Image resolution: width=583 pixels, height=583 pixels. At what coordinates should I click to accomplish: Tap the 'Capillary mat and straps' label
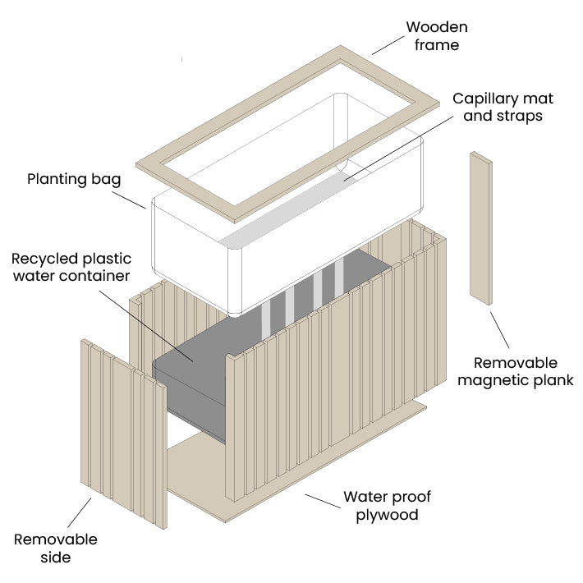click(503, 107)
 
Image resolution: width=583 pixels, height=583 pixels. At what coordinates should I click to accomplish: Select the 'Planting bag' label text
click(74, 178)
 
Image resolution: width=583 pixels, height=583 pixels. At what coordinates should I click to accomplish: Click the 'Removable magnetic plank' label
click(516, 371)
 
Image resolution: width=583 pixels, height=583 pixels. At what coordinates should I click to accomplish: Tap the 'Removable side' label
click(55, 549)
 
